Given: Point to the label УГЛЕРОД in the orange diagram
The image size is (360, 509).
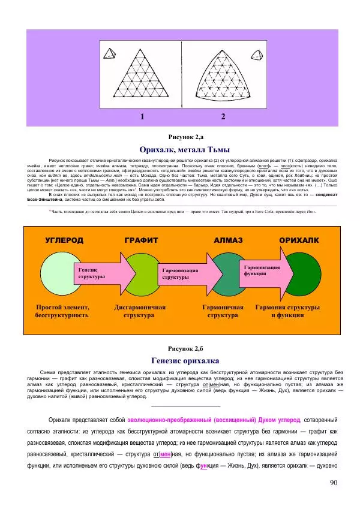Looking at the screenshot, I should pos(64,240).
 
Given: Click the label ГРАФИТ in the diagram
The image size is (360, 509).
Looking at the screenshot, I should pos(142,240).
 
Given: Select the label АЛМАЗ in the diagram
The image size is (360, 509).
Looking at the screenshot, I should pos(228,240).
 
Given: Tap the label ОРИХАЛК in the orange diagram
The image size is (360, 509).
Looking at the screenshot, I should pos(299,240).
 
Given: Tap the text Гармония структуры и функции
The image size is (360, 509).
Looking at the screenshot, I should pos(287,310).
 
